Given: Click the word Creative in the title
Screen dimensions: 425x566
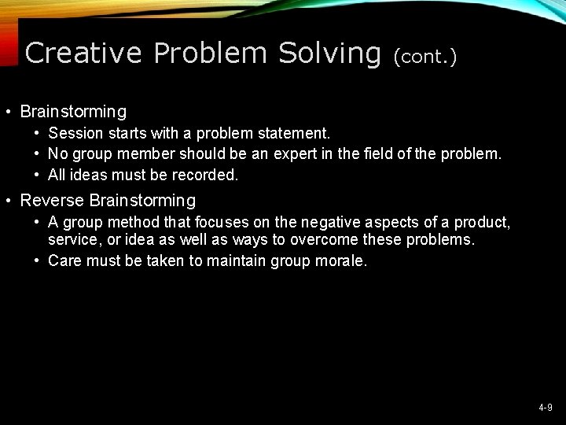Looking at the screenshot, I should pos(84,53).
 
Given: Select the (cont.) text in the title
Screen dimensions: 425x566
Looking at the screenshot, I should pos(425,55).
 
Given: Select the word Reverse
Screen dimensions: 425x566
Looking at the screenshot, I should pos(50,201).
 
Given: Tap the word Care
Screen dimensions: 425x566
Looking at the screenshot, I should pos(65,261).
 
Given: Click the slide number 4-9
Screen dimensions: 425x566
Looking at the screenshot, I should pos(546,408).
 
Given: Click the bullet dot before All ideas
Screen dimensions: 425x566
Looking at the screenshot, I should pos(38,174).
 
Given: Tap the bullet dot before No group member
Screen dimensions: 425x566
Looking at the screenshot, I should pos(38,154).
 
